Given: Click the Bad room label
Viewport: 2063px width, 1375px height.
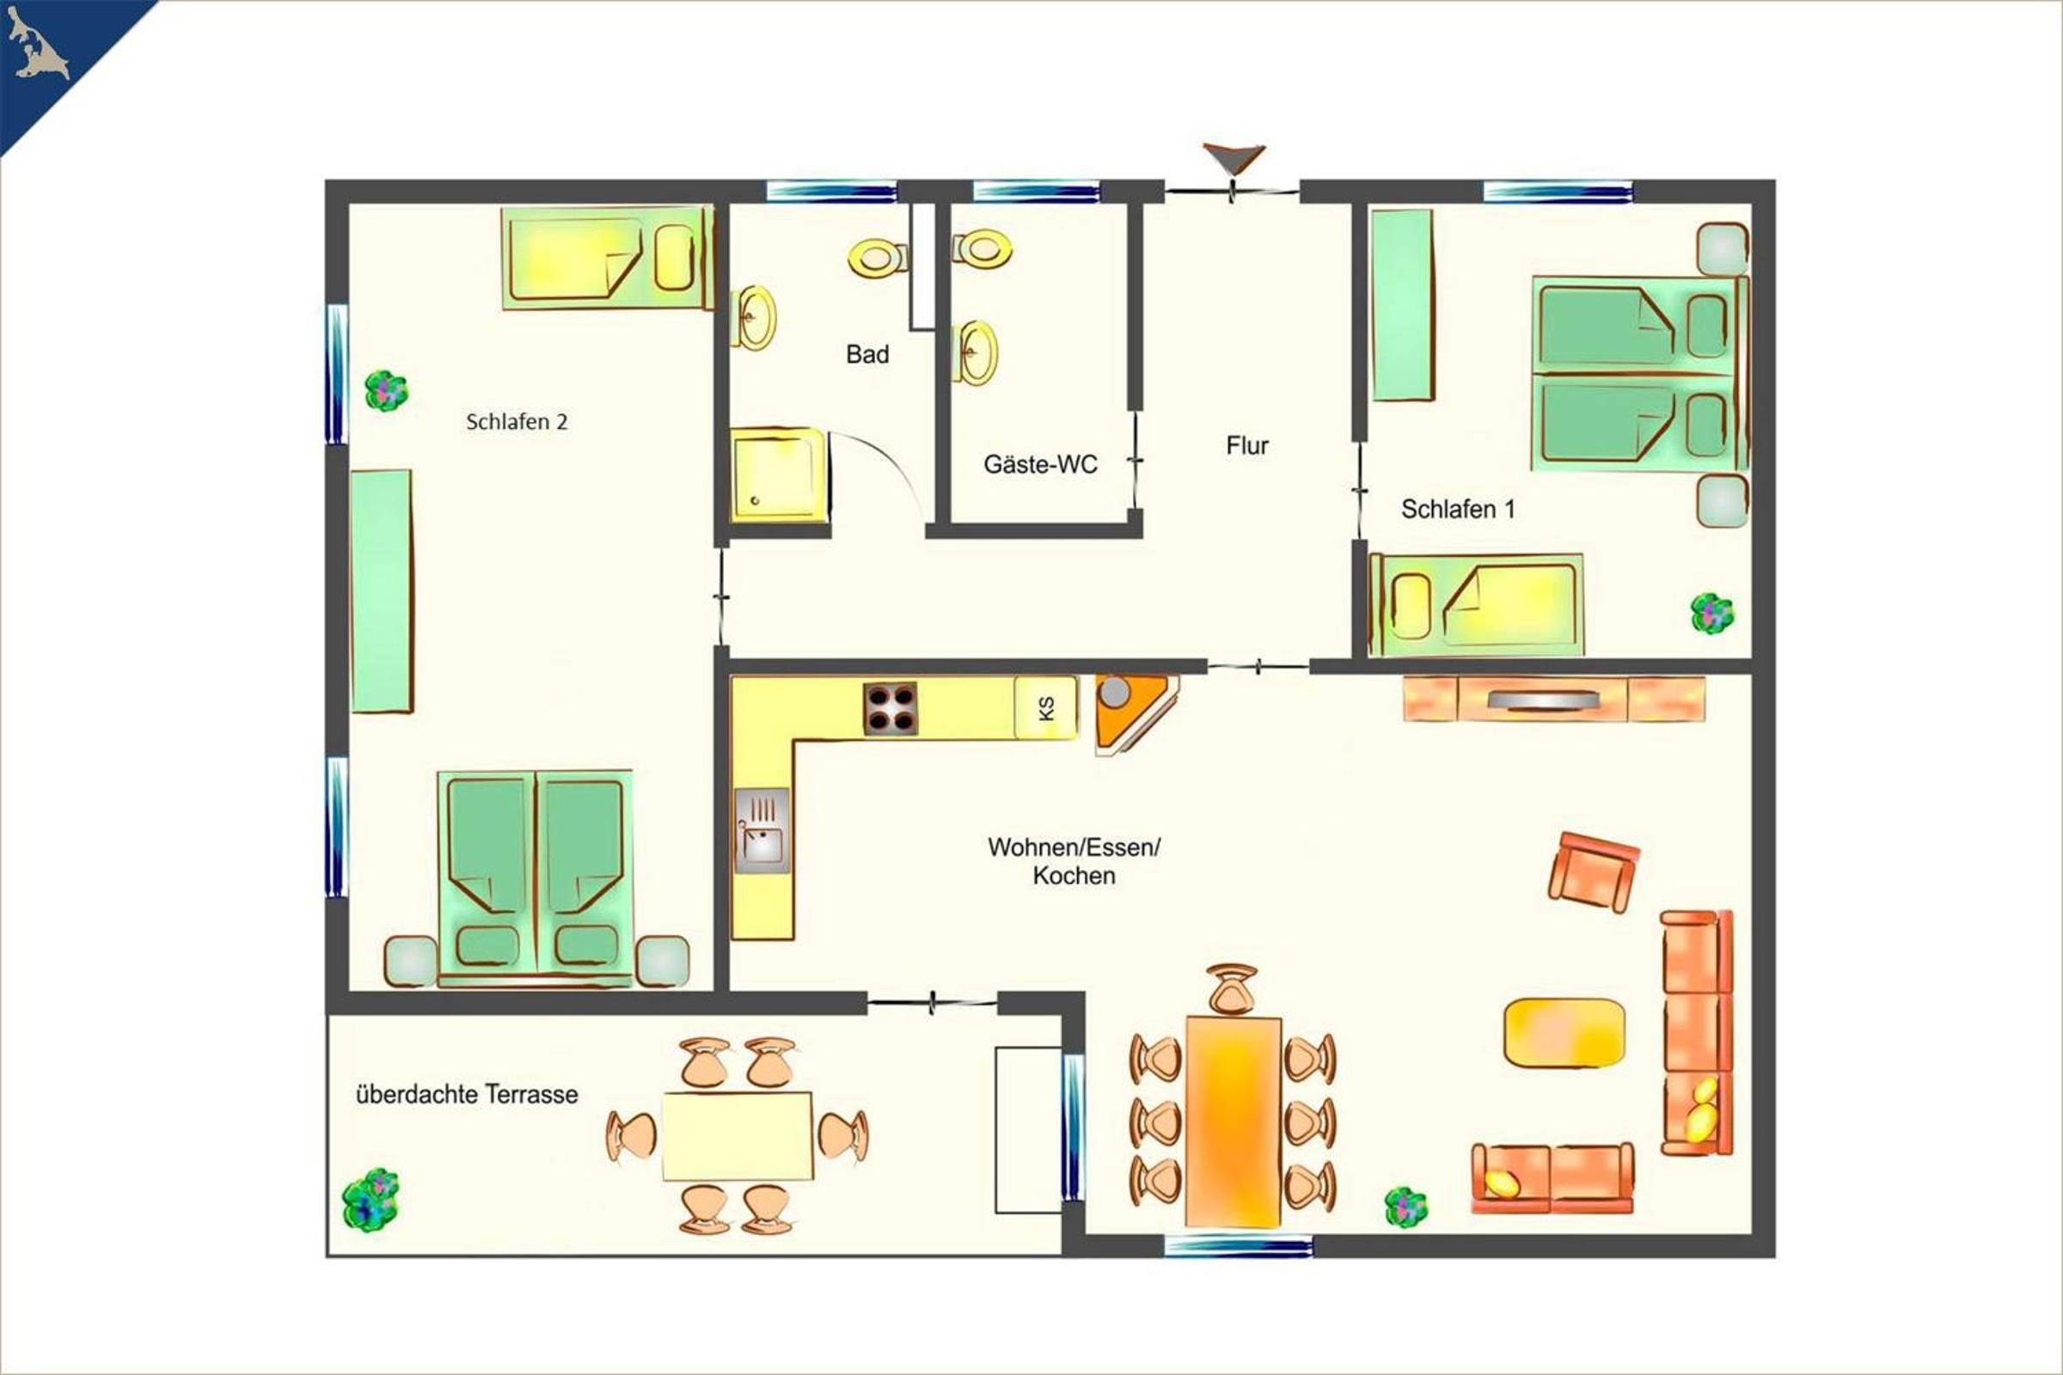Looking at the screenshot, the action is click(x=867, y=354).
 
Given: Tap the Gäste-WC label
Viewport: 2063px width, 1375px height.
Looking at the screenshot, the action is click(x=1040, y=464).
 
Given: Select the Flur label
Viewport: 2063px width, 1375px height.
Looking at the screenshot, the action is click(x=1247, y=445).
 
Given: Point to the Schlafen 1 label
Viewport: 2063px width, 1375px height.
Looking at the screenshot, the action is click(x=1458, y=509).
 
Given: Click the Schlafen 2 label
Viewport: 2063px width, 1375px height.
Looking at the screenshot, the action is click(x=517, y=422).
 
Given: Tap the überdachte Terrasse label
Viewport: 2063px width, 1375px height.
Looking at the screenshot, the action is click(x=467, y=1094).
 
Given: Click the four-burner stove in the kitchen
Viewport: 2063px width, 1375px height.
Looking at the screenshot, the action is click(x=891, y=707).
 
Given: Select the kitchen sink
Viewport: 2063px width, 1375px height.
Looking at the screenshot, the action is click(x=762, y=830).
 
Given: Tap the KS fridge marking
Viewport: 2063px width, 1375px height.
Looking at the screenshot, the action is click(x=1045, y=707).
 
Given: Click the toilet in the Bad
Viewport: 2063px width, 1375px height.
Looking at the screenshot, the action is click(x=877, y=256).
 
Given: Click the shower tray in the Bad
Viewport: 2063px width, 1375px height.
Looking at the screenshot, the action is click(x=779, y=475).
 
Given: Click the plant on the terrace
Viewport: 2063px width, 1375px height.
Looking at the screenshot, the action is click(x=370, y=1200).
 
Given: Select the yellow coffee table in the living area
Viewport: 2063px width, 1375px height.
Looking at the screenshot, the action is click(x=1564, y=1033).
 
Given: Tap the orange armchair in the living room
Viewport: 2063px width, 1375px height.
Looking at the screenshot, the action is click(x=1593, y=872).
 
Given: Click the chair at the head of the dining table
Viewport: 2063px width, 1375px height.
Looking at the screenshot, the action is click(x=1232, y=990).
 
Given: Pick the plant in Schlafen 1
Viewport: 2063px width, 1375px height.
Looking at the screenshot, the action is click(x=1712, y=613).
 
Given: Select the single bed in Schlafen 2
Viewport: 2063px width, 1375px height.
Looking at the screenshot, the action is click(x=607, y=258).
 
